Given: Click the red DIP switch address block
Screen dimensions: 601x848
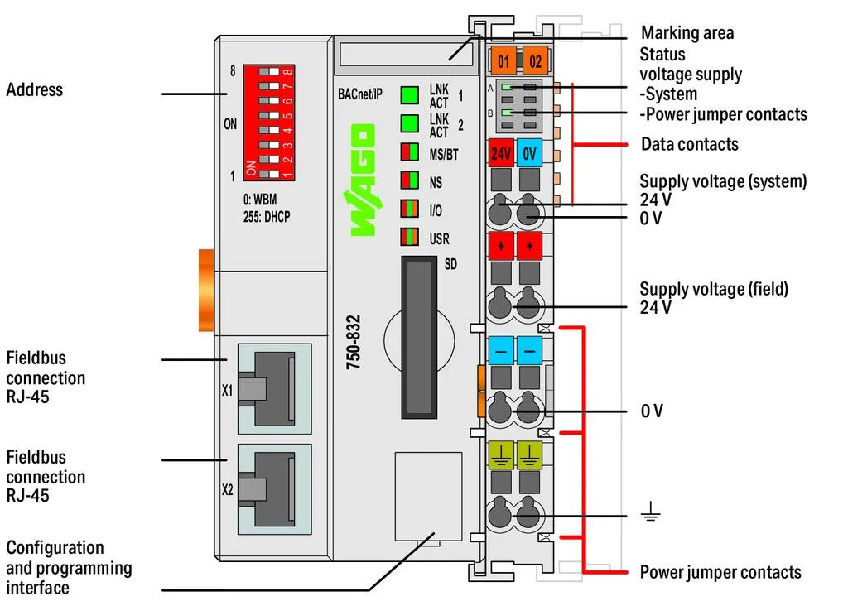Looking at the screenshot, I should click(x=270, y=123).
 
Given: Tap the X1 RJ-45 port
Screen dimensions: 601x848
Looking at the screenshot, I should click(x=271, y=389).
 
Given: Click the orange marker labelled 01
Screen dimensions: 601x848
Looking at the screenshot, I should click(x=503, y=60).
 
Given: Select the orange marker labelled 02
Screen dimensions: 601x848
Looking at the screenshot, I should click(x=535, y=60).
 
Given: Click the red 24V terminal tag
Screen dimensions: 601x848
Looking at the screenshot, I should click(x=501, y=153).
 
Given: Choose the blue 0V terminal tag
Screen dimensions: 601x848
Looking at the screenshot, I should click(x=530, y=153).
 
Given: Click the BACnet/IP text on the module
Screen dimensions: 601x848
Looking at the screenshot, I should click(x=360, y=93).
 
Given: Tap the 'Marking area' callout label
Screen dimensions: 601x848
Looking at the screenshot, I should click(x=687, y=33).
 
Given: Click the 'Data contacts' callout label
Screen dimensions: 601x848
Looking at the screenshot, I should click(x=689, y=144).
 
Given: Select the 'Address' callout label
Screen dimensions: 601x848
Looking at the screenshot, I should click(x=35, y=89).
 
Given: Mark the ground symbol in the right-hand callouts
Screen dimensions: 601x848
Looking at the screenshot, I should click(x=650, y=515).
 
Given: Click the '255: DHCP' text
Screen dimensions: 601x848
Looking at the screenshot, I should click(x=267, y=217).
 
